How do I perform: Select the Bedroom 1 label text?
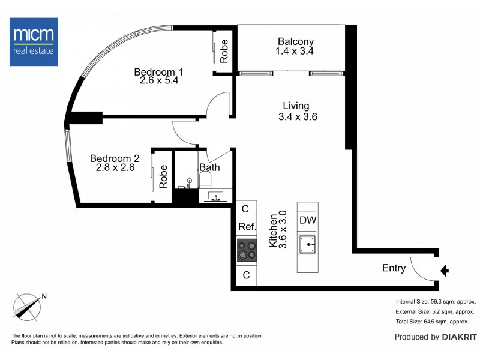click(158, 73)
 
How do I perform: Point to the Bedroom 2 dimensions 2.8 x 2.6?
click(115, 168)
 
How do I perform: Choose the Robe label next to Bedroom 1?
click(224, 51)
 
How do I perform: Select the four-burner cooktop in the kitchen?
click(246, 250)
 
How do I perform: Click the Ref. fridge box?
click(247, 227)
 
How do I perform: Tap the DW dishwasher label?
click(308, 220)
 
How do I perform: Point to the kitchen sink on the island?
click(308, 244)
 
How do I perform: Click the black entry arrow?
click(445, 271)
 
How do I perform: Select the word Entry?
click(394, 268)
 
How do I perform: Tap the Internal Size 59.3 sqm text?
click(436, 301)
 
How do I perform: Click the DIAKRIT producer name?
click(460, 337)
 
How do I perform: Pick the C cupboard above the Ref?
click(245, 209)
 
